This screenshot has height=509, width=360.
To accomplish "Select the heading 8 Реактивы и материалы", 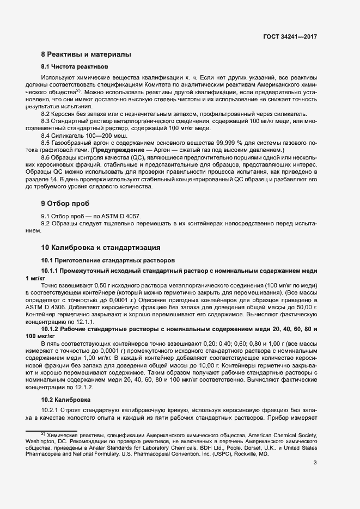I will [86, 54].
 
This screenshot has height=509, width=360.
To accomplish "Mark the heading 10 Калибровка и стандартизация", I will [101, 247].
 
